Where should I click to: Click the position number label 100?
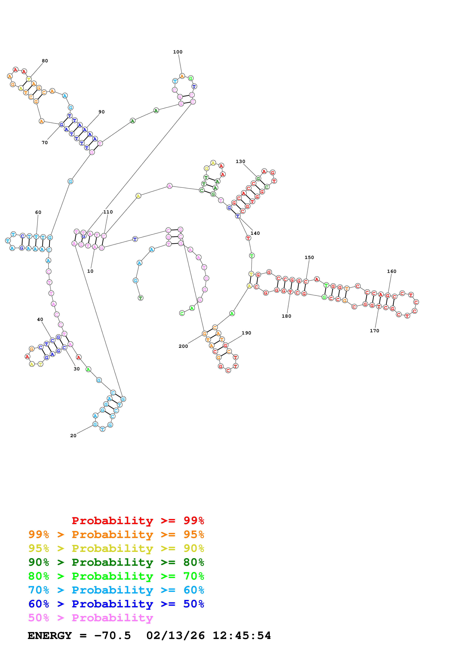(x=178, y=52)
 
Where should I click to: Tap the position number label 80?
(x=45, y=61)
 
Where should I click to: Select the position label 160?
(x=391, y=271)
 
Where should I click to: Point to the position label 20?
(x=73, y=436)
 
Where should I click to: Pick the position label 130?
(x=240, y=161)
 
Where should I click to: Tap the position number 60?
(x=38, y=212)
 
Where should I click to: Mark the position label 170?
(x=374, y=331)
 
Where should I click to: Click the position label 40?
(x=40, y=319)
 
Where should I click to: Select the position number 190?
(x=246, y=333)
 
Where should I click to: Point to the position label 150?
(x=309, y=258)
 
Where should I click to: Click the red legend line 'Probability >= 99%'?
(x=138, y=520)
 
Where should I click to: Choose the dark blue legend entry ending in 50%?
(x=116, y=604)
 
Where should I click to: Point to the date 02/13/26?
(x=175, y=636)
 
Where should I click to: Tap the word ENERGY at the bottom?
(x=50, y=636)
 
